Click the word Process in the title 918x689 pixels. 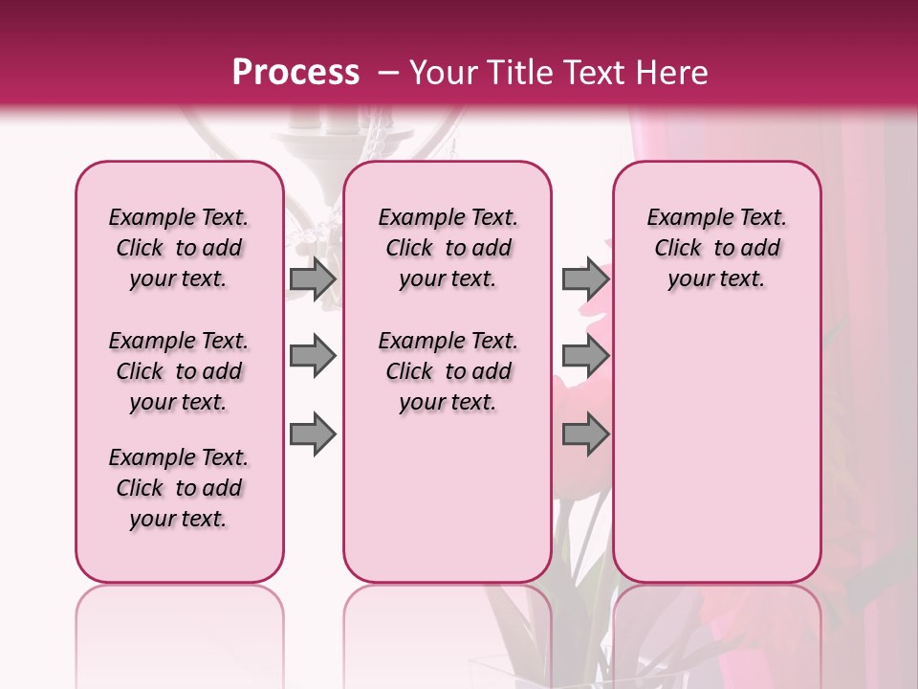(295, 72)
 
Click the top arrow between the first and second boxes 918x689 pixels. (313, 279)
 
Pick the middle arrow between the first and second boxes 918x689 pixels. (313, 357)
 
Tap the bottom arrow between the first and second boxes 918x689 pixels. (313, 435)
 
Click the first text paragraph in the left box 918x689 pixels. (179, 248)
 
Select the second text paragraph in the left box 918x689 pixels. (179, 371)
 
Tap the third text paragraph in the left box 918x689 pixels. (179, 488)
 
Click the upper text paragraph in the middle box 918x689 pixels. (448, 248)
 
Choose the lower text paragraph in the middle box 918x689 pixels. (448, 371)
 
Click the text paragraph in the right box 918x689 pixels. (716, 248)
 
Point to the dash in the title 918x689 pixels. (388, 72)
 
